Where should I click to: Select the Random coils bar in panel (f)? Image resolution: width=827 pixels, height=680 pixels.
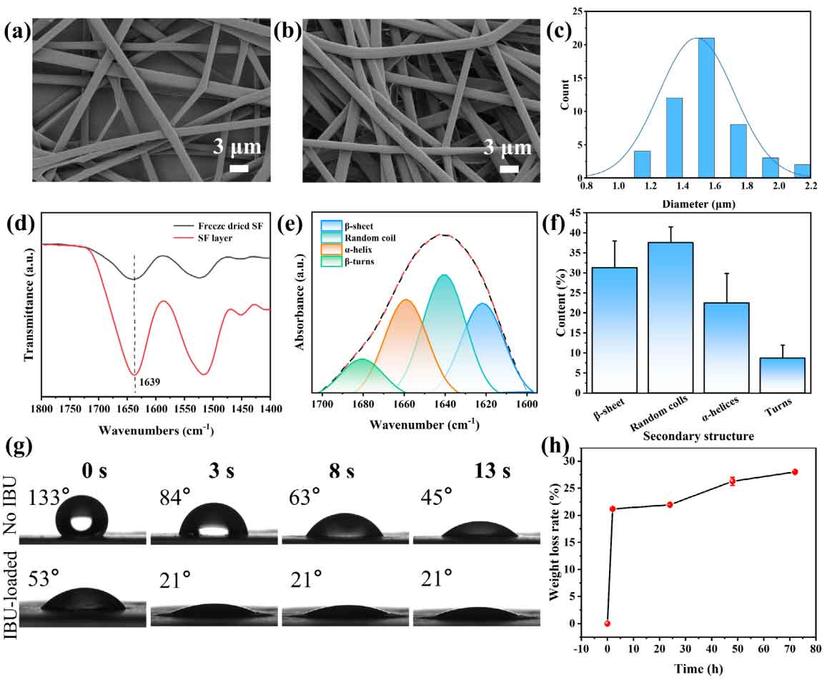click(x=670, y=317)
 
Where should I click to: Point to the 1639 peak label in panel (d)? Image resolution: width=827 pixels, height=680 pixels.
click(x=150, y=382)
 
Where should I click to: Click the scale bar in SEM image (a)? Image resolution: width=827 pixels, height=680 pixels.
click(x=240, y=169)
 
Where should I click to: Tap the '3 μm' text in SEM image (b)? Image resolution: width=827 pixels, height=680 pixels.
click(x=508, y=148)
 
